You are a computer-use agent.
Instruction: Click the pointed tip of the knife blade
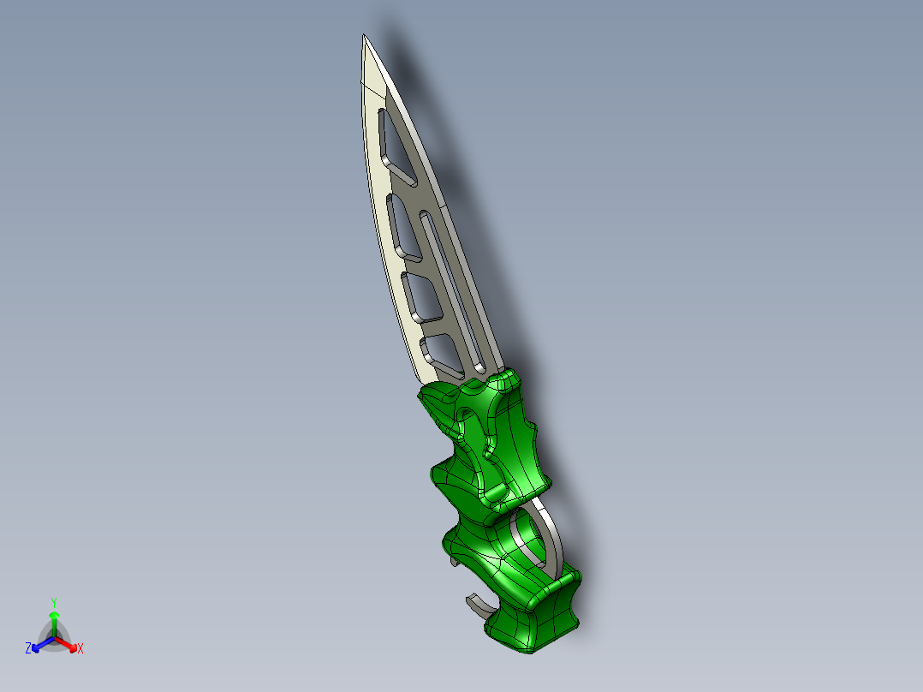pyautogui.click(x=364, y=37)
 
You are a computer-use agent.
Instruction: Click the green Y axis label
pyautogui.click(x=53, y=602)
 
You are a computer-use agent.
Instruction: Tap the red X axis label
pyautogui.click(x=80, y=648)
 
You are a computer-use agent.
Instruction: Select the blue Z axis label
pyautogui.click(x=28, y=648)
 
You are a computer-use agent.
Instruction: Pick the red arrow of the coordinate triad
pyautogui.click(x=69, y=643)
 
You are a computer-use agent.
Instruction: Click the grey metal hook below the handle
pyautogui.click(x=479, y=607)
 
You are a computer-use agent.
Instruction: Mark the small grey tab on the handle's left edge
pyautogui.click(x=450, y=561)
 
